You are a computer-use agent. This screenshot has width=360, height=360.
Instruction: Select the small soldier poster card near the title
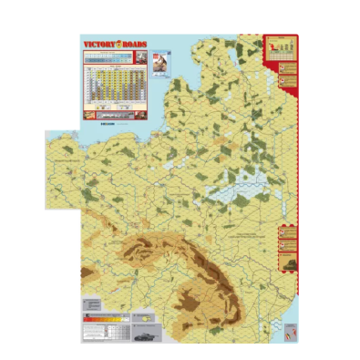coord(158,62)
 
